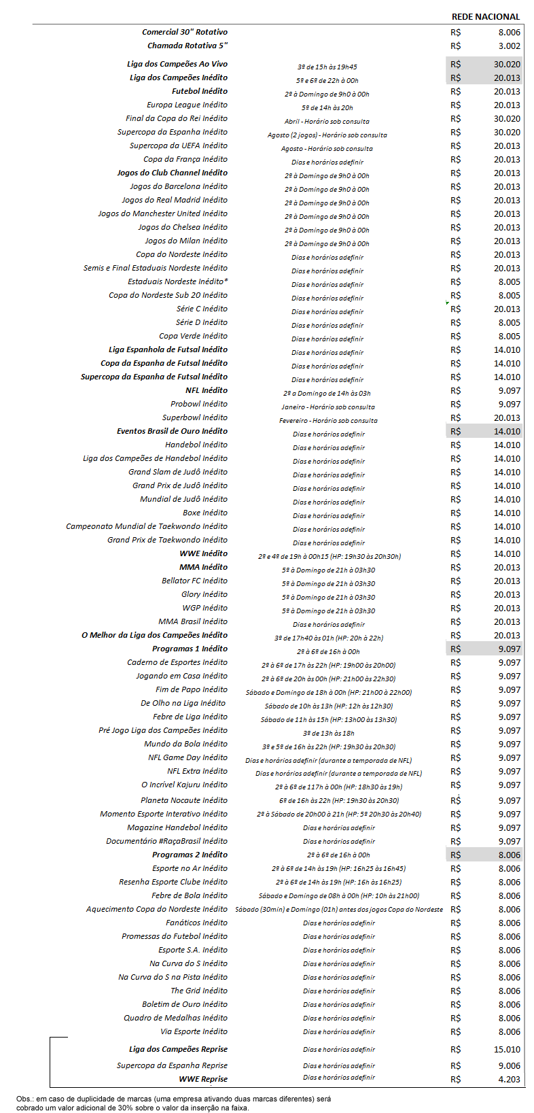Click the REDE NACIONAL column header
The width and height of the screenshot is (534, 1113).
click(485, 16)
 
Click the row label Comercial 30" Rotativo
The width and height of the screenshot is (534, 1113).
click(185, 32)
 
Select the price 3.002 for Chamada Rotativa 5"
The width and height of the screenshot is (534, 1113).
click(509, 46)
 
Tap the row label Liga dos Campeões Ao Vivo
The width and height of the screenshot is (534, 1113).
click(177, 64)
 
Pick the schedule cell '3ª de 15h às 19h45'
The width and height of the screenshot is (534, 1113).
click(327, 67)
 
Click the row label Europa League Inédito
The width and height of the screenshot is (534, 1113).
click(187, 105)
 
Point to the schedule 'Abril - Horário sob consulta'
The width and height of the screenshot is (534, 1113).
click(327, 121)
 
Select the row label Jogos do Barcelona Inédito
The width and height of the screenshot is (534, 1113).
click(179, 186)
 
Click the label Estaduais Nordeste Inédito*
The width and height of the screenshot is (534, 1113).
click(177, 281)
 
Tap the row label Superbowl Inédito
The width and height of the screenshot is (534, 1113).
click(195, 417)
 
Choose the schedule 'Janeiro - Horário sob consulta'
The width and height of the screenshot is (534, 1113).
click(328, 407)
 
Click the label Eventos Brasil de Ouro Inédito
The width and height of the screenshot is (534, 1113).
click(172, 431)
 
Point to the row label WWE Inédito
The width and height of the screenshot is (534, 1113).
click(204, 553)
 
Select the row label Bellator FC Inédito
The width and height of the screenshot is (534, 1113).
click(194, 581)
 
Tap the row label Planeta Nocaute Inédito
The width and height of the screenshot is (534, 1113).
click(184, 800)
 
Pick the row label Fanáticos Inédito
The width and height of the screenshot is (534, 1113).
click(196, 923)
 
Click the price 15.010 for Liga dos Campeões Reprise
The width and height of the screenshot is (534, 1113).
click(507, 1049)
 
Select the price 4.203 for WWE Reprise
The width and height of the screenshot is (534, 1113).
click(509, 1079)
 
